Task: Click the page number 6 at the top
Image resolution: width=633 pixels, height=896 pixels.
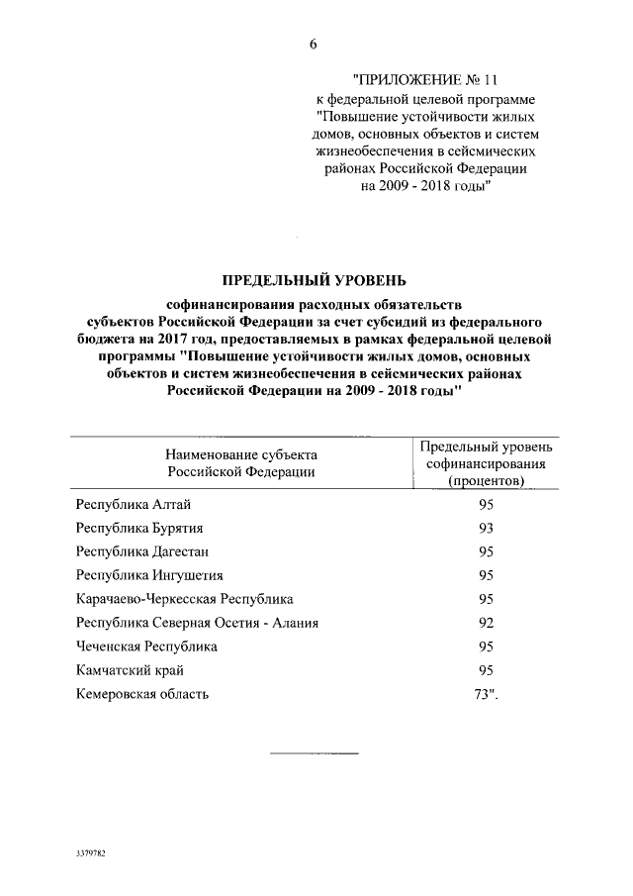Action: (x=314, y=45)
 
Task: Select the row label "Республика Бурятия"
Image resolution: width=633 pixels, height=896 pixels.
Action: (x=141, y=528)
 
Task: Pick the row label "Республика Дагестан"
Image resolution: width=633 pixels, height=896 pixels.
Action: (x=143, y=551)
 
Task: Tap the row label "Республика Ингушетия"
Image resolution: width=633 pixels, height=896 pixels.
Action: (x=149, y=575)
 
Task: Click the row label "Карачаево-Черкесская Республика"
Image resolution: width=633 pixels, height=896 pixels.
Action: (x=185, y=599)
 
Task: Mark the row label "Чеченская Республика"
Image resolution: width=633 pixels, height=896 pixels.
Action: (x=146, y=647)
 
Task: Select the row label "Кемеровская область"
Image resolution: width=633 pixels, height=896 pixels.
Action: (x=142, y=694)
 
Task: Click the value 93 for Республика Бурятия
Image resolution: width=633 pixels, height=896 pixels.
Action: (x=485, y=528)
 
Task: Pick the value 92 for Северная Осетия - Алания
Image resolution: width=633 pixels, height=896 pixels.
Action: (x=485, y=623)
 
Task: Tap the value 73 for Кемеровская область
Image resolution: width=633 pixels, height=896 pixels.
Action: (x=484, y=694)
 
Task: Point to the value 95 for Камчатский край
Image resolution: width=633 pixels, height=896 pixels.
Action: (x=485, y=670)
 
